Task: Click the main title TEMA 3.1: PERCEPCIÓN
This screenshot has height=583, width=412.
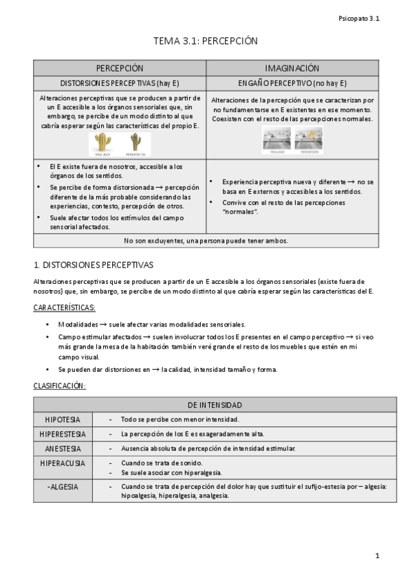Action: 205,41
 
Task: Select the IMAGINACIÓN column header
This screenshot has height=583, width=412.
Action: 292,69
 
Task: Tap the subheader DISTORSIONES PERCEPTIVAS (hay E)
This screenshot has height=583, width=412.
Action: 120,83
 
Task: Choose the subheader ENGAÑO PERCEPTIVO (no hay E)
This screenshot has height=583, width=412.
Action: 292,83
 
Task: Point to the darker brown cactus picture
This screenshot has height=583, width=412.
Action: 135,143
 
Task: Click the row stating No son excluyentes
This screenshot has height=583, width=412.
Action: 206,241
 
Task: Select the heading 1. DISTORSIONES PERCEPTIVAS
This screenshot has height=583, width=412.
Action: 94,265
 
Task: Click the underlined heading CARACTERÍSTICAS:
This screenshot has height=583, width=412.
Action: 65,307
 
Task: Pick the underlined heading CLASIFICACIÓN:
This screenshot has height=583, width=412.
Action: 60,386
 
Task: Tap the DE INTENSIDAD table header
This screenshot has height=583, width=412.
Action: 215,405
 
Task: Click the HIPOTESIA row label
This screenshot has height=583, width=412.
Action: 63,419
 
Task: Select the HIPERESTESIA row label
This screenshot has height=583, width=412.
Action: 63,434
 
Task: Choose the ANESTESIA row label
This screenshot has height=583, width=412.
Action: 63,448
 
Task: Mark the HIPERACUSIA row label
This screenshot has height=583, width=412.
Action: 63,463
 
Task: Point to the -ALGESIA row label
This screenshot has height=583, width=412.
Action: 63,487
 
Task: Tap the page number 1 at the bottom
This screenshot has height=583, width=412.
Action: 377,555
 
